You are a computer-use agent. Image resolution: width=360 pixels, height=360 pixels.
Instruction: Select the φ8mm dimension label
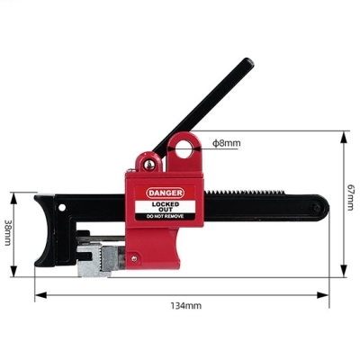pyautogui.click(x=227, y=143)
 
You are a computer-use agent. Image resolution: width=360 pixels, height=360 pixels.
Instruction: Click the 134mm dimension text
pyautogui.click(x=186, y=306)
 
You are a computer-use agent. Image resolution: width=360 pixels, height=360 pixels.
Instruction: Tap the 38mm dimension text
pyautogui.click(x=8, y=234)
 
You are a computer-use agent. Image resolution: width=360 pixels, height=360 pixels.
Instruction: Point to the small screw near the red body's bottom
pyautogui.click(x=135, y=261)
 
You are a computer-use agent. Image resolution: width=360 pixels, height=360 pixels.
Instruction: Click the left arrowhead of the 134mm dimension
pyautogui.click(x=38, y=294)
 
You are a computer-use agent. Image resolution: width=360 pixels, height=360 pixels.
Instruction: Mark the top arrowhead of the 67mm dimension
pyautogui.click(x=344, y=136)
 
